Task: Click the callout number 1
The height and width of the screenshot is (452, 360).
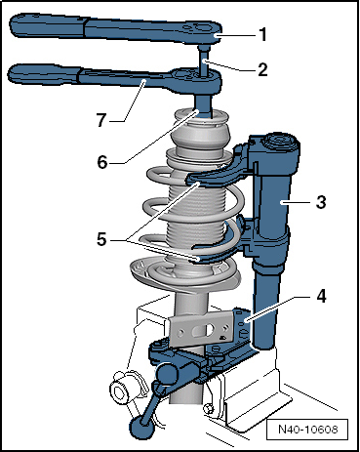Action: coord(263,35)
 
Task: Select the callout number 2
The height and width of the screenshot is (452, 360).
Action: coord(262,69)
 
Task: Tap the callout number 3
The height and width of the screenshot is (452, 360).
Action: coord(321,202)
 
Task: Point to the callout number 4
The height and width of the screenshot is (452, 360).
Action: coord(321,297)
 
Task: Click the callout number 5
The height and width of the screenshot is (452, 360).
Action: coord(101,239)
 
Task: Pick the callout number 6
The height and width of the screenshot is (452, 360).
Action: coord(102,162)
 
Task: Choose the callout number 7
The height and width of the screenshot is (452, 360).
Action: coord(101,120)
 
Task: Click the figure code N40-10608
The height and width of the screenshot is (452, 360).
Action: coord(307,430)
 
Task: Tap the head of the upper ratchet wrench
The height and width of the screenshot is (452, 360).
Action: coord(202,32)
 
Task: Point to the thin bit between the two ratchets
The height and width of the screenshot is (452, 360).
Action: coord(204,60)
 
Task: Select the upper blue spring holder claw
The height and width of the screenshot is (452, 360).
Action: coord(213,174)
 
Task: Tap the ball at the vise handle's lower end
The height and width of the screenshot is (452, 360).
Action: coord(141,427)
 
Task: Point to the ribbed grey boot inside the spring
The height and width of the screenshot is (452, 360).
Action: coord(195,208)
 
